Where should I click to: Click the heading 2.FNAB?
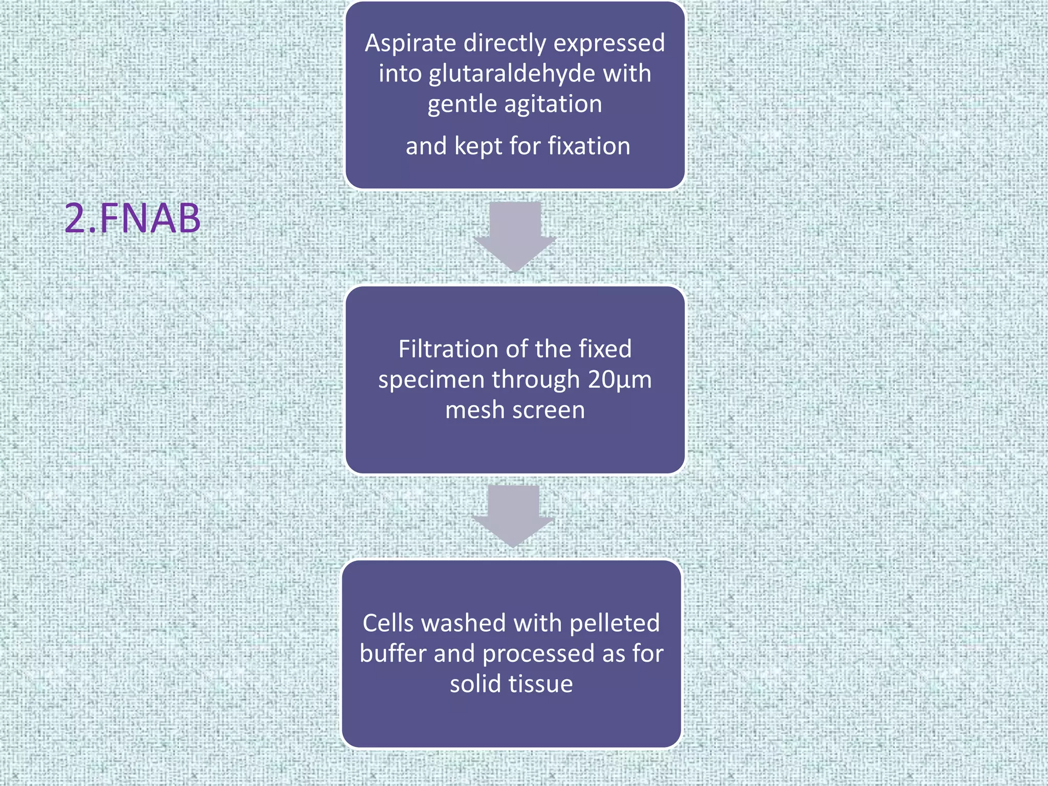[x=133, y=219]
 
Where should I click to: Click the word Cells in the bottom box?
[x=387, y=624]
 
